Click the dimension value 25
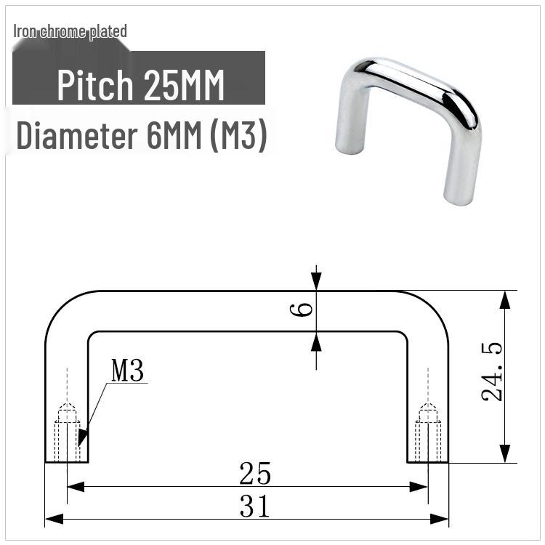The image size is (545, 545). pos(255,474)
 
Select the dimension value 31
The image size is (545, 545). pos(255,506)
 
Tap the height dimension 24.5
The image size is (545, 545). pos(492,372)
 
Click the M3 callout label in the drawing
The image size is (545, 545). pos(128,371)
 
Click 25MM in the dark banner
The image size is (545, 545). pos(184,86)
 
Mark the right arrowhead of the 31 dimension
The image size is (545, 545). pos(443,519)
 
